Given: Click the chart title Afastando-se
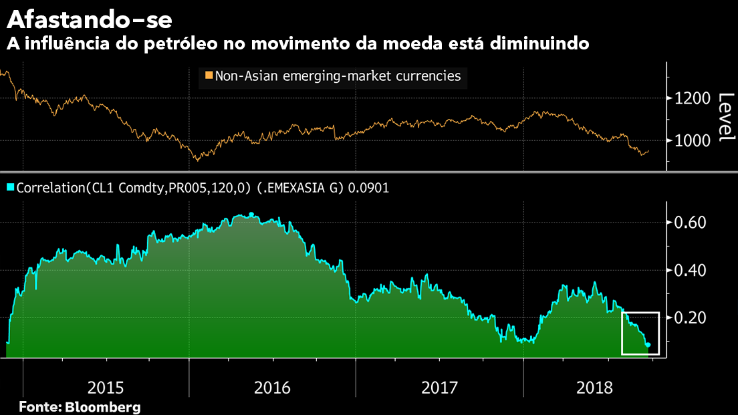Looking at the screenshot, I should pyautogui.click(x=89, y=19).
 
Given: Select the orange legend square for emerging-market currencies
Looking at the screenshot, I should pyautogui.click(x=209, y=76).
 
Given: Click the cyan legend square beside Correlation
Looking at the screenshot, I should pyautogui.click(x=10, y=188).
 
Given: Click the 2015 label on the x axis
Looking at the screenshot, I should pyautogui.click(x=105, y=387).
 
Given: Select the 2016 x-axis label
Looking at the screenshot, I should pyautogui.click(x=272, y=387).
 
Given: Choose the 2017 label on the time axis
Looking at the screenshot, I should pyautogui.click(x=439, y=387).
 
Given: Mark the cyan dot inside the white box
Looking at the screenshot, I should pyautogui.click(x=648, y=345).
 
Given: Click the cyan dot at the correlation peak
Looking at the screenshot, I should pyautogui.click(x=251, y=215).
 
